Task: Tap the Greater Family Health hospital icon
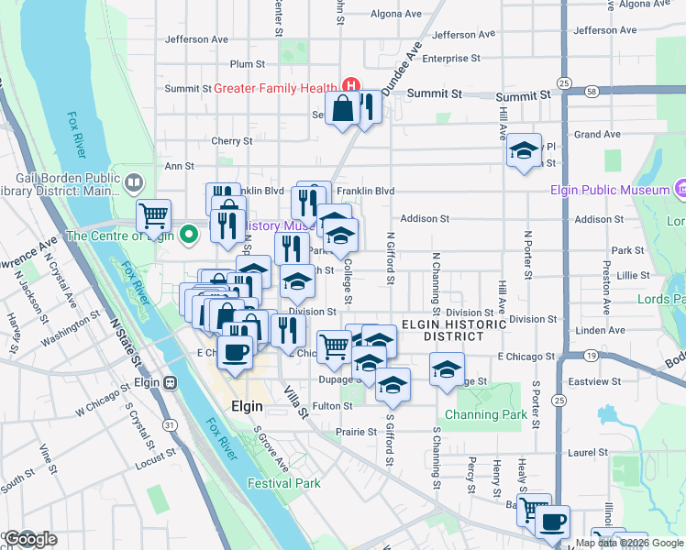pos(349,88)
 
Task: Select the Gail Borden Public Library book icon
pos(134,183)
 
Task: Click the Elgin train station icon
pos(170,382)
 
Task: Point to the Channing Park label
pos(486,414)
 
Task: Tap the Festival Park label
pos(283,483)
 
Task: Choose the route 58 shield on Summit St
pos(592,92)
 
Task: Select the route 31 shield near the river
pos(168,424)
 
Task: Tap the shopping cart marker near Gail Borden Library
pos(154,216)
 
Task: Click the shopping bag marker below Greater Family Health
pos(342,109)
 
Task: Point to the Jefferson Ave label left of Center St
pos(196,39)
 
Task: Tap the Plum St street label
pos(248,64)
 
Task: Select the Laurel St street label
pos(588,452)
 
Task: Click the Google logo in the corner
pos(29,539)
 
